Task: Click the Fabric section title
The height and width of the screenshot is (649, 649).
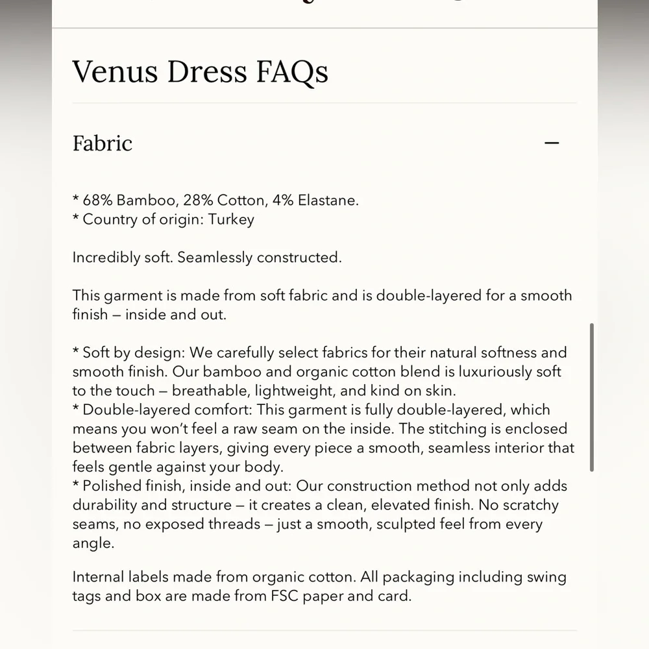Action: [103, 143]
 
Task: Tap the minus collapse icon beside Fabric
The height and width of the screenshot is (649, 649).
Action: [552, 143]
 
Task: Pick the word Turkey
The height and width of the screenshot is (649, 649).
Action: [231, 219]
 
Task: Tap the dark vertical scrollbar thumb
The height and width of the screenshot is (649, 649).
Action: [591, 397]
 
